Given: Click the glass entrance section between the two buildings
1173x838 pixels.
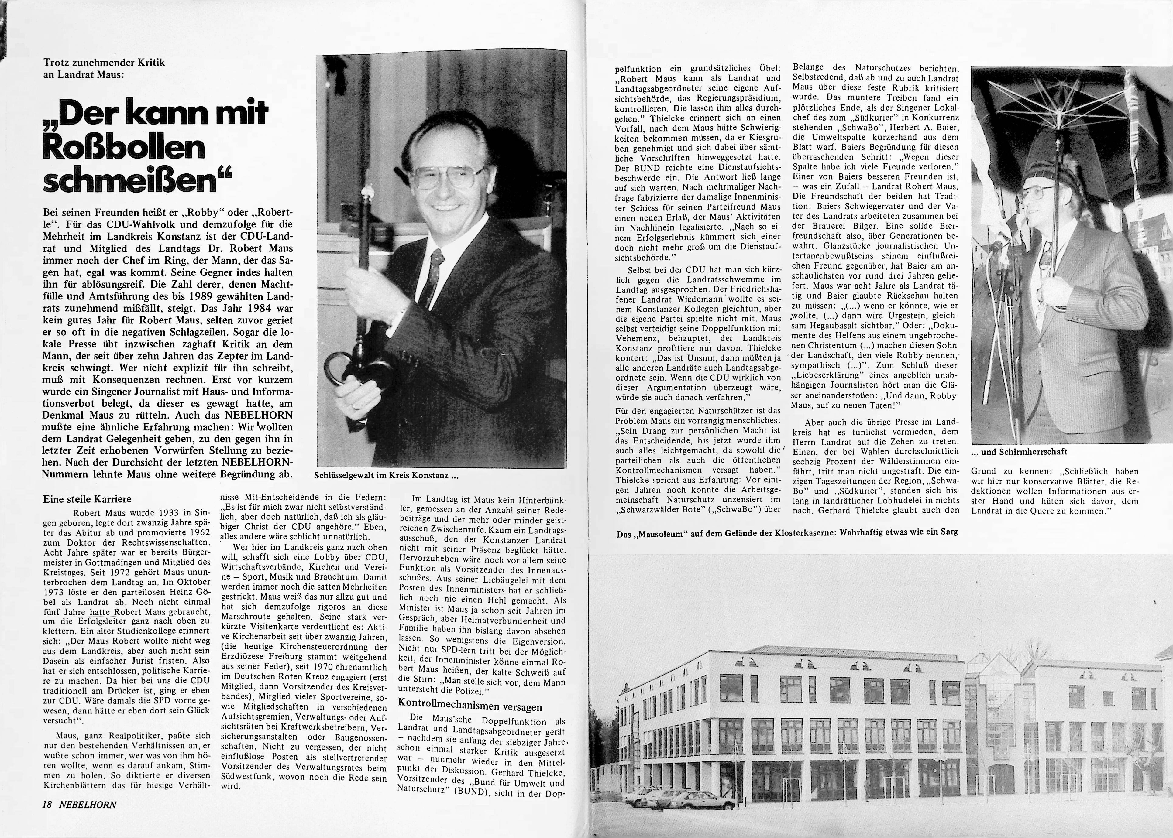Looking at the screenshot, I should (991, 722).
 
